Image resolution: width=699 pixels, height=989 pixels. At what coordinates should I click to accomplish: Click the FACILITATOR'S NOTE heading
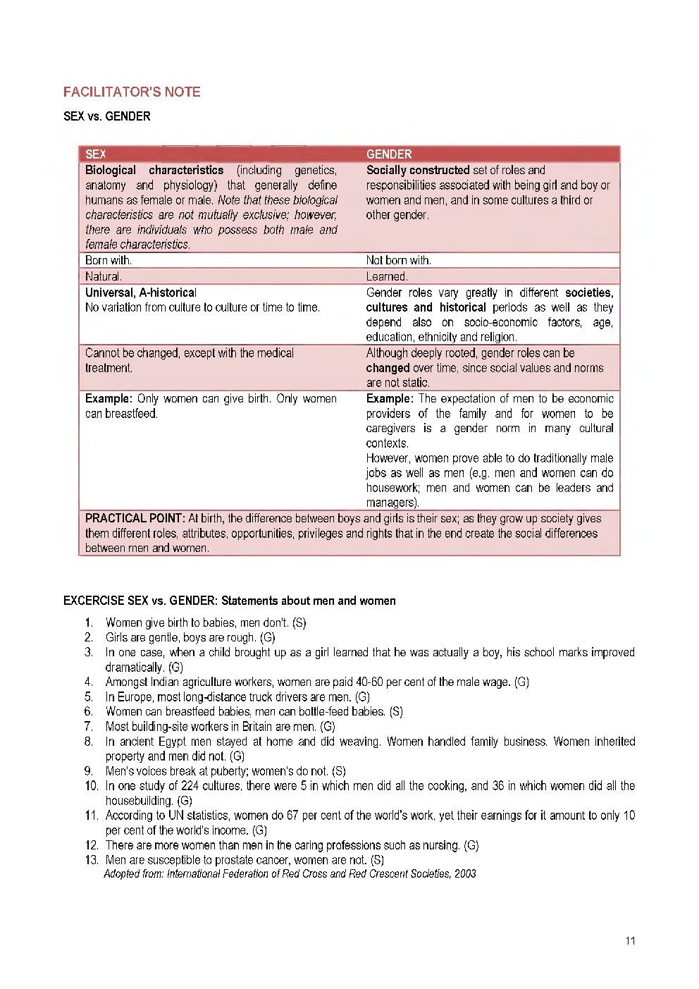click(132, 92)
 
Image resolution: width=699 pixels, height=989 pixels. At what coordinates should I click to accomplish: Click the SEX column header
click(95, 154)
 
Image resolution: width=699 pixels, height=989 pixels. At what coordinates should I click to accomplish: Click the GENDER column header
click(389, 154)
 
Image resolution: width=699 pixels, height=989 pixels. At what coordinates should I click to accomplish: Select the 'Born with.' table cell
click(109, 260)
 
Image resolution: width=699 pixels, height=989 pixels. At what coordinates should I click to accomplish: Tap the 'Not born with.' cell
click(398, 260)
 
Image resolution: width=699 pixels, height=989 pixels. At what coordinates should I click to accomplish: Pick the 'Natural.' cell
click(104, 276)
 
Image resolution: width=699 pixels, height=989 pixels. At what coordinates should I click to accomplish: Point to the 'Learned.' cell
click(387, 276)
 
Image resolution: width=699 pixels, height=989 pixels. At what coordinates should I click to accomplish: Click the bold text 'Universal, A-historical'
click(141, 293)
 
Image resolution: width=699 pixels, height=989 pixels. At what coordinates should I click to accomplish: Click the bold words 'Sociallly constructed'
click(417, 170)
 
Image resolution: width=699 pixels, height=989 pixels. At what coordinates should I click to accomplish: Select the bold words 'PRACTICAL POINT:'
click(135, 518)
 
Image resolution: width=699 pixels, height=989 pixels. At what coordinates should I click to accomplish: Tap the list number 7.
click(88, 726)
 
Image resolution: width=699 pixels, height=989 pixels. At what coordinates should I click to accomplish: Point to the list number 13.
click(91, 859)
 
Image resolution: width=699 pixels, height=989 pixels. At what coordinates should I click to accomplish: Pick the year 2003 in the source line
click(465, 873)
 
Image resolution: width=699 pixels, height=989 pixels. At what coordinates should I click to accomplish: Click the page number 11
click(630, 940)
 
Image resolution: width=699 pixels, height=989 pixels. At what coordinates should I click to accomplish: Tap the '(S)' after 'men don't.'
click(299, 622)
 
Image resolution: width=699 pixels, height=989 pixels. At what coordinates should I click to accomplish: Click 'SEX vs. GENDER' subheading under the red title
click(106, 116)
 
